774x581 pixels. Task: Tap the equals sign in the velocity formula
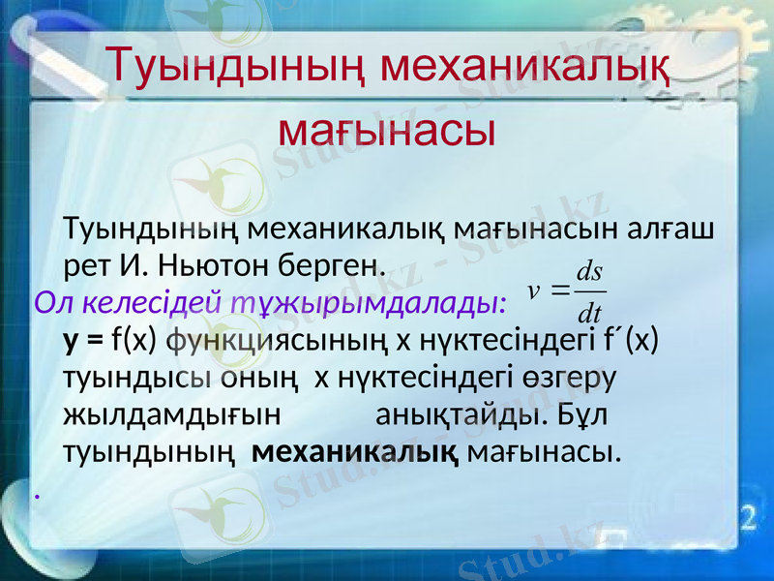click(x=559, y=290)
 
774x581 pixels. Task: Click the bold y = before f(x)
click(x=83, y=340)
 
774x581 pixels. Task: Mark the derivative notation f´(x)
click(x=631, y=340)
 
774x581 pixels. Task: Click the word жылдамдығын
click(x=170, y=414)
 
